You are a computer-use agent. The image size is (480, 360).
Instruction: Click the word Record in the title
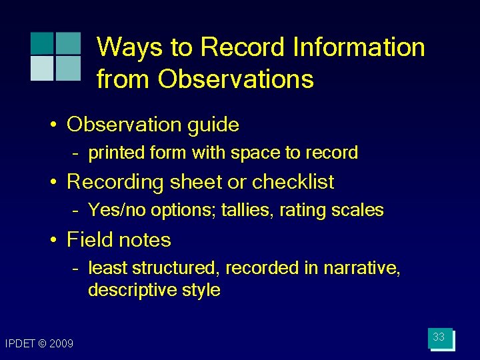(244, 47)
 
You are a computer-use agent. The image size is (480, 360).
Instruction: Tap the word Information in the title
(360, 47)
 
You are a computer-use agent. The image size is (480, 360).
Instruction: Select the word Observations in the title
(235, 79)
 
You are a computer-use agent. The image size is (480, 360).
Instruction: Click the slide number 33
(439, 337)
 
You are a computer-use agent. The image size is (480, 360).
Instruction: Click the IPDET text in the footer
(18, 343)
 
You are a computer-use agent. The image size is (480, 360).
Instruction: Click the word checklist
(293, 182)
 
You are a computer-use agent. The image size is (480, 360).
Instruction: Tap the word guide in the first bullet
(212, 125)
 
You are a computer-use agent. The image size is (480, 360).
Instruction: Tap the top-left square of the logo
(41, 43)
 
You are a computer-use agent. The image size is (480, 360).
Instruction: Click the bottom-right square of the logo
(67, 68)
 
